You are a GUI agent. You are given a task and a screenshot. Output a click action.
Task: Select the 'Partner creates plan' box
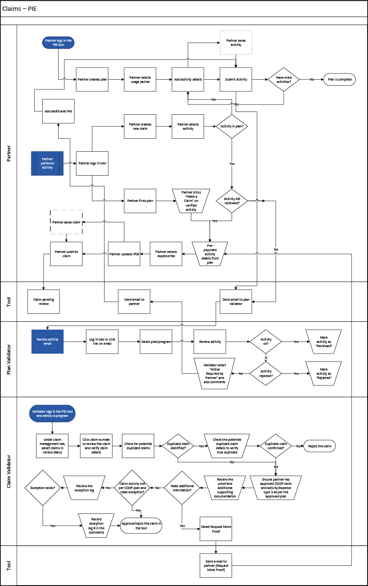(x=92, y=80)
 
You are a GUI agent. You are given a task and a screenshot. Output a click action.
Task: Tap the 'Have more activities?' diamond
(x=284, y=80)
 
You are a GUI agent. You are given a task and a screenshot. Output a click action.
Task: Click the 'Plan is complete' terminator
(x=339, y=80)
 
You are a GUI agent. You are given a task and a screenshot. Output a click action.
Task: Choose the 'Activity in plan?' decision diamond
(x=232, y=126)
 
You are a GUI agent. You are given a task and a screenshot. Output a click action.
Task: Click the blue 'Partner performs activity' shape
(x=47, y=163)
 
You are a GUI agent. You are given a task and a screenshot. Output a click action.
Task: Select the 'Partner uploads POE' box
(x=124, y=254)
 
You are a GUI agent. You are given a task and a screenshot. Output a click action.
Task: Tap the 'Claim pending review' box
(x=44, y=301)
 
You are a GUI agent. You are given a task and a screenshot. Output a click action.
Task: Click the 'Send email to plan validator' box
(x=236, y=301)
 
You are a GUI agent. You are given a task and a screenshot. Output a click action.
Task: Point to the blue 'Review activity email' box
(x=47, y=341)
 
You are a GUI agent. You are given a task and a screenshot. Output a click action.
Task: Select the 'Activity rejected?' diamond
(x=265, y=373)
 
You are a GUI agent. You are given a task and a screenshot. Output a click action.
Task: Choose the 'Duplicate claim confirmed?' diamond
(x=276, y=446)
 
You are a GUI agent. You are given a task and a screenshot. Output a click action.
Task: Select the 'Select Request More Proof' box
(x=216, y=529)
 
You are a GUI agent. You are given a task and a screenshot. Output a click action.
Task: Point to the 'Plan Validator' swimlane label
(x=9, y=359)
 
